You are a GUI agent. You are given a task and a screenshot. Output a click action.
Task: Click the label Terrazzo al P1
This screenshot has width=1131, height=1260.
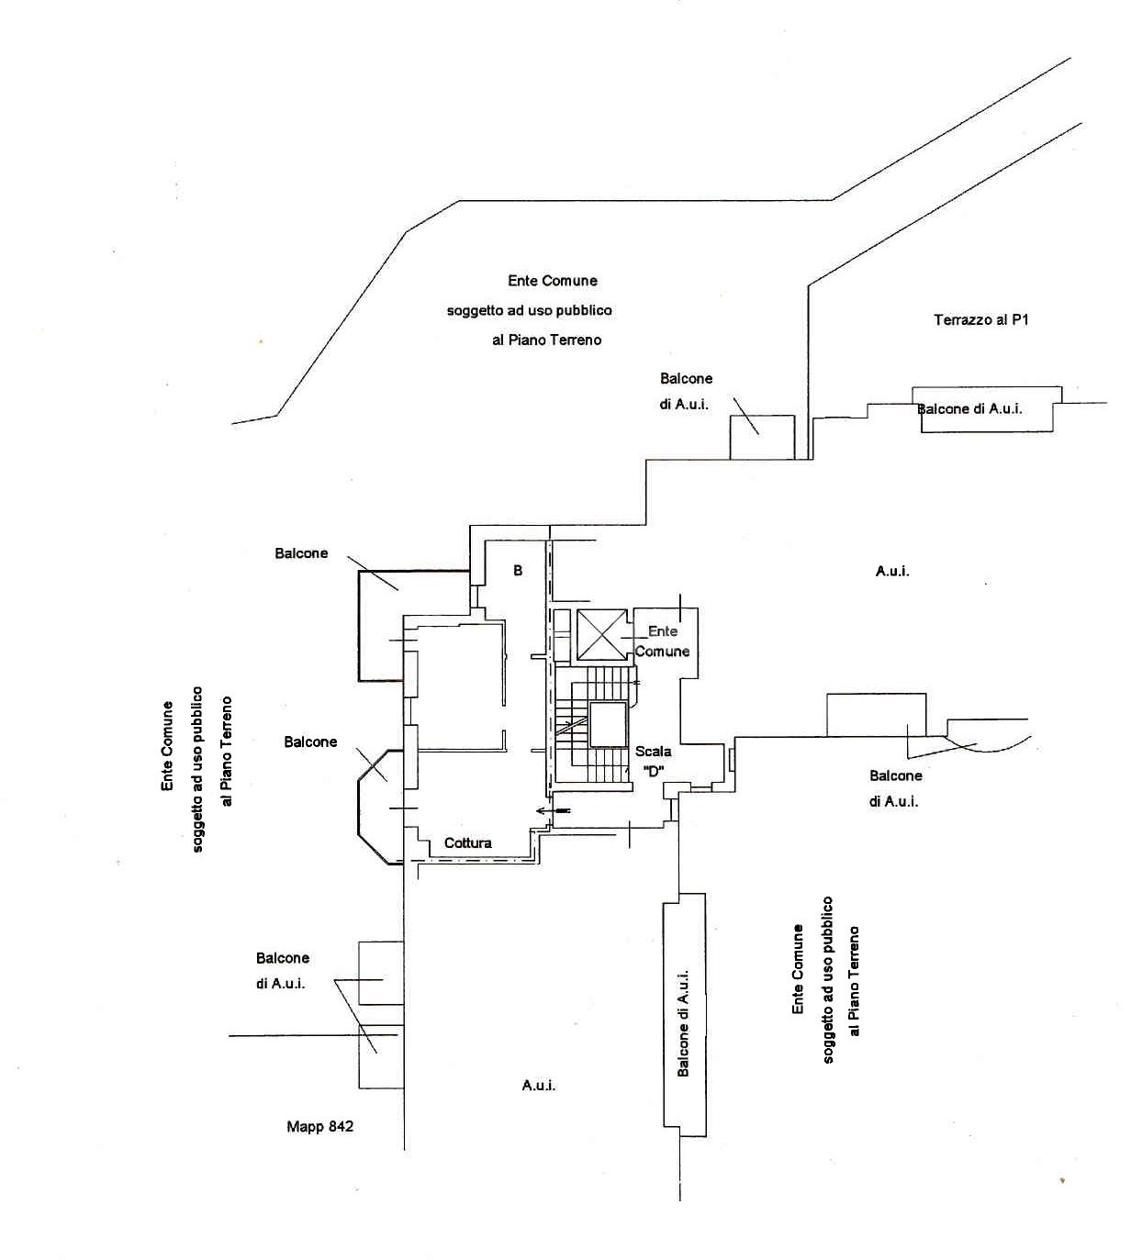[x=981, y=320]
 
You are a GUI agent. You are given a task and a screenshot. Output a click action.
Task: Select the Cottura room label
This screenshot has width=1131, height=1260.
[x=468, y=842]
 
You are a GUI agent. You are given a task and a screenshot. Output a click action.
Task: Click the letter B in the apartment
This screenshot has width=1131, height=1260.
[x=518, y=570]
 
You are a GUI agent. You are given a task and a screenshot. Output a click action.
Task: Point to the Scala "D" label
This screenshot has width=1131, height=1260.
[x=654, y=761]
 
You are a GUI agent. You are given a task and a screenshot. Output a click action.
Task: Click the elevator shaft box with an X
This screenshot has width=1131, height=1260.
[x=601, y=634]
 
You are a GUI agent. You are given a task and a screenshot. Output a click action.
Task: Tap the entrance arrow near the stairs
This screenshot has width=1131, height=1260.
[x=553, y=811]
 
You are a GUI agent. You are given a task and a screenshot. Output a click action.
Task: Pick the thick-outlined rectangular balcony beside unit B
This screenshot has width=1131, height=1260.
[x=359, y=626]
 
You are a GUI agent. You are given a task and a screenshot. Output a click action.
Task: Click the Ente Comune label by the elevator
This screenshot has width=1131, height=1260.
[x=662, y=641]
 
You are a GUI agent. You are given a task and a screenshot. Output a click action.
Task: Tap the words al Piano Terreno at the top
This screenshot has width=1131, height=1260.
[x=547, y=340]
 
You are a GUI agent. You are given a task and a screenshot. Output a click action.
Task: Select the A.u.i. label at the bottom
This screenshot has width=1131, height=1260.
[x=539, y=1086]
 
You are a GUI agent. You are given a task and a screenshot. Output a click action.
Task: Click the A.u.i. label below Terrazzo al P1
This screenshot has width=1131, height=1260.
[x=892, y=571]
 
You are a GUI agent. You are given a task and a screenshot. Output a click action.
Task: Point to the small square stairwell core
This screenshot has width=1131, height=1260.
[x=608, y=724]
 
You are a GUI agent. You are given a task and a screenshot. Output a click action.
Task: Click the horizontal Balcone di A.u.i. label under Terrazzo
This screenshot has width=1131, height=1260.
[x=969, y=408]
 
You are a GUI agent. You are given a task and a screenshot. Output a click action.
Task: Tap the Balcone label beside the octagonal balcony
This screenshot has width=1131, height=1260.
[x=310, y=742]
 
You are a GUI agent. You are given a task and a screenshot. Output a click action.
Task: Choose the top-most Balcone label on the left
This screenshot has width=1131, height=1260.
[x=301, y=552]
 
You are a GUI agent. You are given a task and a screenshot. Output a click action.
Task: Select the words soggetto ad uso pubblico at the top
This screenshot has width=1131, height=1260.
[x=530, y=310]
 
